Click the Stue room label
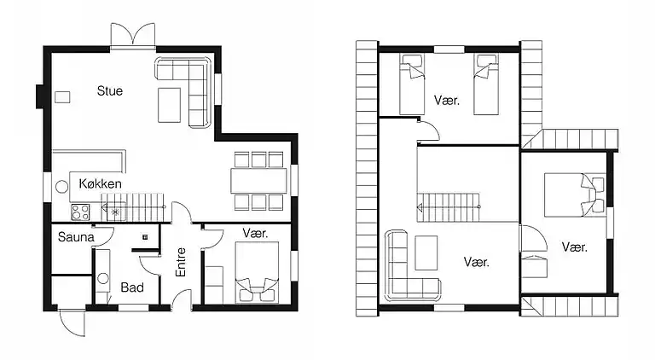coord(110,90)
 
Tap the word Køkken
coord(101,183)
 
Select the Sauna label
coord(76,237)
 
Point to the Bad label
coord(132,287)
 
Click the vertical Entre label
coord(181,262)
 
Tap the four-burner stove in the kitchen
coord(80,212)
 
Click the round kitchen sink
coord(61,187)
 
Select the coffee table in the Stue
coord(169,105)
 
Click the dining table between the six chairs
coord(259,181)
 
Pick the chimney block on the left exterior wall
coord(40,96)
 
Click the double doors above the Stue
coord(133,35)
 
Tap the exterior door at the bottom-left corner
coord(72,322)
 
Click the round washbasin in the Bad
coord(102,278)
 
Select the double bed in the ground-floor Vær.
coord(257,272)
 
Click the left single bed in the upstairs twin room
coord(412,84)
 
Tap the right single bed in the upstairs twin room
coord(486,84)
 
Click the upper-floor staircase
coord(449,206)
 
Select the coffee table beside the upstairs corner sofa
coord(426,253)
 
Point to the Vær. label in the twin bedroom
coord(447,100)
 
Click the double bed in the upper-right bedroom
coord(575,195)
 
